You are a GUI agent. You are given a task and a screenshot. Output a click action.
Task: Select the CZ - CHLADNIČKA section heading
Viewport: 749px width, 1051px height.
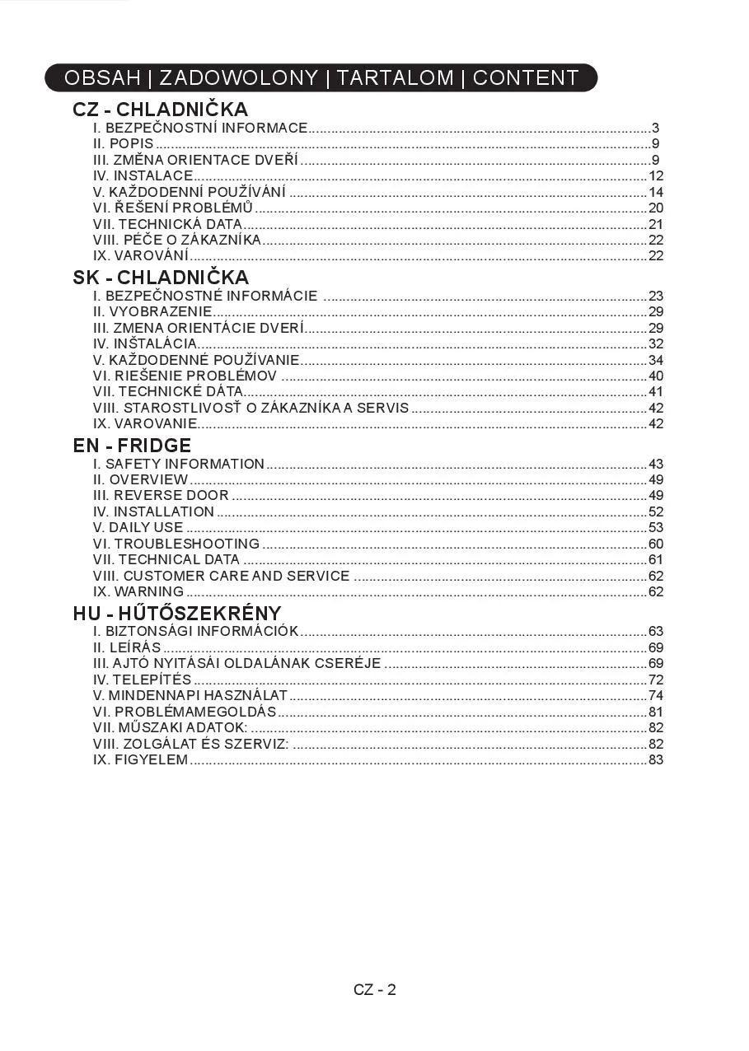[x=160, y=110]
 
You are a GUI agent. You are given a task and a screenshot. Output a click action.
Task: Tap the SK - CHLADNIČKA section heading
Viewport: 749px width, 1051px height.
[x=161, y=278]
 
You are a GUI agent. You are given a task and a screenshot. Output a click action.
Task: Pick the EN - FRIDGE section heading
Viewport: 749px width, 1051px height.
[x=132, y=446]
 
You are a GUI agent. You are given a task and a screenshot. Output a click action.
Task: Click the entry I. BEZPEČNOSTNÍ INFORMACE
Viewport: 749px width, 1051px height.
[x=200, y=128]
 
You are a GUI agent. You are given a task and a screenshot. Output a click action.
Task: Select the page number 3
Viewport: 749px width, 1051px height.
[x=655, y=128]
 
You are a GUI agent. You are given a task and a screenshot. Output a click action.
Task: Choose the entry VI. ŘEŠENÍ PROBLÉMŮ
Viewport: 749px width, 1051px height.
[x=173, y=208]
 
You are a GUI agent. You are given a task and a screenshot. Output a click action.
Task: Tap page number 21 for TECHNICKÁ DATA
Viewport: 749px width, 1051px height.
[x=656, y=224]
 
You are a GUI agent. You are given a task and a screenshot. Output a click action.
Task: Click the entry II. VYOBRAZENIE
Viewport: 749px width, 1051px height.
[x=152, y=311]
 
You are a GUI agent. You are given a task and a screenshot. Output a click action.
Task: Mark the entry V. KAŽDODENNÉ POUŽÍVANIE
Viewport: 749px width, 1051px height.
[x=196, y=360]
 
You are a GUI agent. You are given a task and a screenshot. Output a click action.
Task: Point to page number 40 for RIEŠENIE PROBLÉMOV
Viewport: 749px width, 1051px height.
[x=656, y=376]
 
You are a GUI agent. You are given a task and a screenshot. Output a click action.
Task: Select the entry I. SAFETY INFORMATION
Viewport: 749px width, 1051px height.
[x=179, y=464]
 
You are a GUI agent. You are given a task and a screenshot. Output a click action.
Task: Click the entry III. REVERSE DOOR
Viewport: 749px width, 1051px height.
[x=161, y=496]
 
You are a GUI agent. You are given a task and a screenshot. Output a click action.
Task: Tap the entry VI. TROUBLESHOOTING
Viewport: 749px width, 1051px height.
[x=176, y=544]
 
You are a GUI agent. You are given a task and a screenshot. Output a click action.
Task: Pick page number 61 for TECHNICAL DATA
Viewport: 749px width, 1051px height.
[x=656, y=560]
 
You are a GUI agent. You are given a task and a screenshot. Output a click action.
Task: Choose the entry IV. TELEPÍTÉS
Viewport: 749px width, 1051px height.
[x=142, y=680]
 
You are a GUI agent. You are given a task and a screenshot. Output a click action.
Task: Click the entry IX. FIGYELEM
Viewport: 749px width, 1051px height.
[x=141, y=759]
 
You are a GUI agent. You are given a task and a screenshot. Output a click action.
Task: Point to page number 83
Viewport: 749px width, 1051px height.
[x=656, y=759]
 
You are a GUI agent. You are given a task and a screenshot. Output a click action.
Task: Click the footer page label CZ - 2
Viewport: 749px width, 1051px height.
[x=375, y=990]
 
